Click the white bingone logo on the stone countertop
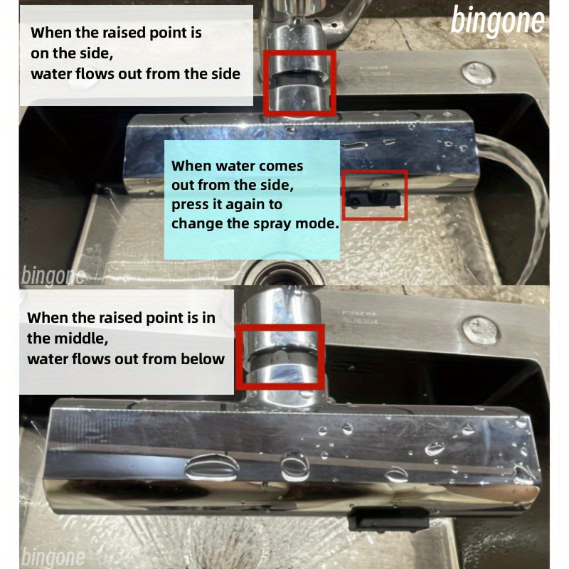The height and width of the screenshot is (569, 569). click(x=497, y=21)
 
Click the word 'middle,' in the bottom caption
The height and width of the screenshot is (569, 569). click(x=81, y=339)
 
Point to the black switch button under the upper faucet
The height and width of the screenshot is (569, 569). click(x=372, y=199)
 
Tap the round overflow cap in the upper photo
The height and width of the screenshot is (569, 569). click(x=478, y=74)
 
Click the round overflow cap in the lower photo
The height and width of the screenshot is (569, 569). click(x=480, y=331)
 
